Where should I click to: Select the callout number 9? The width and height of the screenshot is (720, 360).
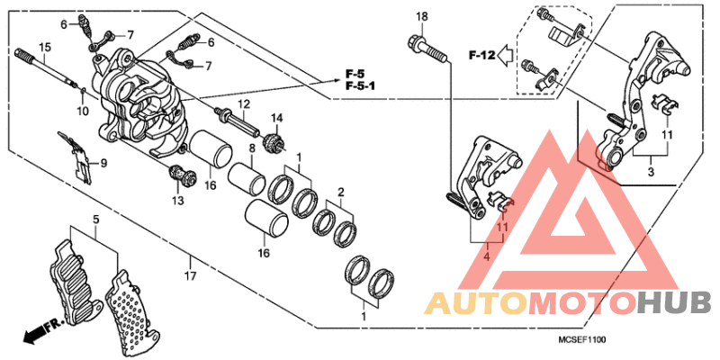point(103,163)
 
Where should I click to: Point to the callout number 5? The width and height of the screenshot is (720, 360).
point(94,219)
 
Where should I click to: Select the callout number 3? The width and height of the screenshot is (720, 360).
point(651,169)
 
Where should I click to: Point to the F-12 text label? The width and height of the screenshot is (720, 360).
point(481,57)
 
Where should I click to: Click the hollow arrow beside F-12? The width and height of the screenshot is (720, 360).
point(505,57)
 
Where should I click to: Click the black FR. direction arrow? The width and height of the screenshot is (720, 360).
point(36,334)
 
